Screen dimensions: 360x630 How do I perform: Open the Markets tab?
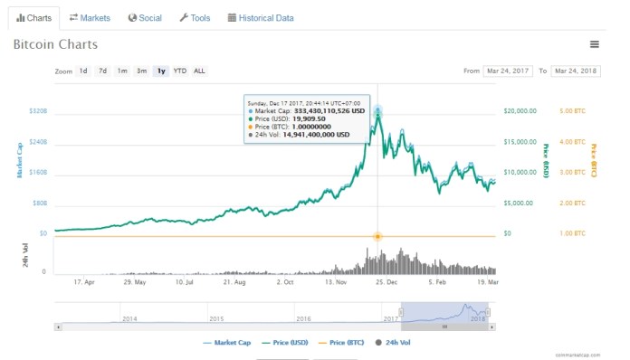[x=90, y=17]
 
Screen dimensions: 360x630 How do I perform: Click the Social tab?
[x=145, y=17]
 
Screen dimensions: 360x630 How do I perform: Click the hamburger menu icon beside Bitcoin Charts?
[x=594, y=44]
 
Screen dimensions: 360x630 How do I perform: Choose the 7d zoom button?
[x=102, y=71]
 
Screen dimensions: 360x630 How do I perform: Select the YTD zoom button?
[x=180, y=71]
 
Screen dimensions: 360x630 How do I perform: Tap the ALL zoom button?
[x=199, y=71]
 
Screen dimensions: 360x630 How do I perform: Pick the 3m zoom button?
[x=141, y=71]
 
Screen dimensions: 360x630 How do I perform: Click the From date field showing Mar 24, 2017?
[x=508, y=71]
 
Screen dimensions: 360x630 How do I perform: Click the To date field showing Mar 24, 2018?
[x=576, y=71]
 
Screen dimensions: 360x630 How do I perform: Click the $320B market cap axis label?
[x=36, y=111]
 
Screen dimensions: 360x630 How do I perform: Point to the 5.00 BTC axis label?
[x=573, y=111]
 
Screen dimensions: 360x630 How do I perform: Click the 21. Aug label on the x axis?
[x=234, y=282]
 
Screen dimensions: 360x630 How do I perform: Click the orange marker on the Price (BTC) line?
[x=377, y=236]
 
